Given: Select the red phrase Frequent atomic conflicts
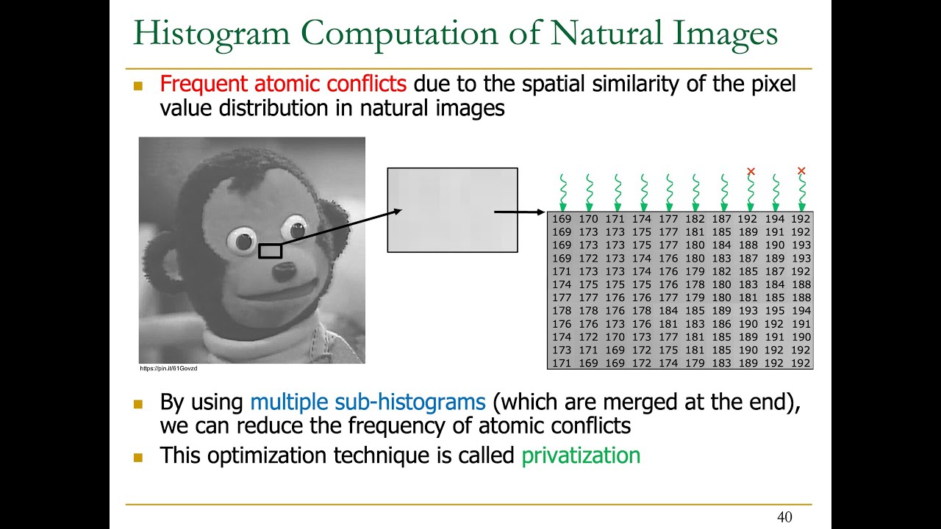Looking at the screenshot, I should tap(283, 84).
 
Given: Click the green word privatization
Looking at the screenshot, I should tap(581, 456).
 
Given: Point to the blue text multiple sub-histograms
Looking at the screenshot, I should tap(368, 402).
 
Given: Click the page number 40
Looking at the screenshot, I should tap(784, 518).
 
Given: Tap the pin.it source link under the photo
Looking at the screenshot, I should tap(168, 368).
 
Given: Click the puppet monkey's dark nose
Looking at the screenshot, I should tap(282, 272).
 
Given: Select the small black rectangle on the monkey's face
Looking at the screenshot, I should tap(270, 251).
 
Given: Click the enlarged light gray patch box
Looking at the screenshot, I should tap(452, 210).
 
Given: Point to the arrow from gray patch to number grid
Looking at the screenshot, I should tap(520, 212).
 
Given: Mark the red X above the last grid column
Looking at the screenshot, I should tap(801, 171).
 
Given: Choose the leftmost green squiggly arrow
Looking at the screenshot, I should tap(562, 192).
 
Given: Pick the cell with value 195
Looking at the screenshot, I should tap(775, 311).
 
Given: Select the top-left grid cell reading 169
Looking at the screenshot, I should tap(561, 219).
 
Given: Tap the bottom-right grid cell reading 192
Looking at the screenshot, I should tap(801, 363).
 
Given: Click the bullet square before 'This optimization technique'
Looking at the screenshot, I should tap(137, 456).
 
